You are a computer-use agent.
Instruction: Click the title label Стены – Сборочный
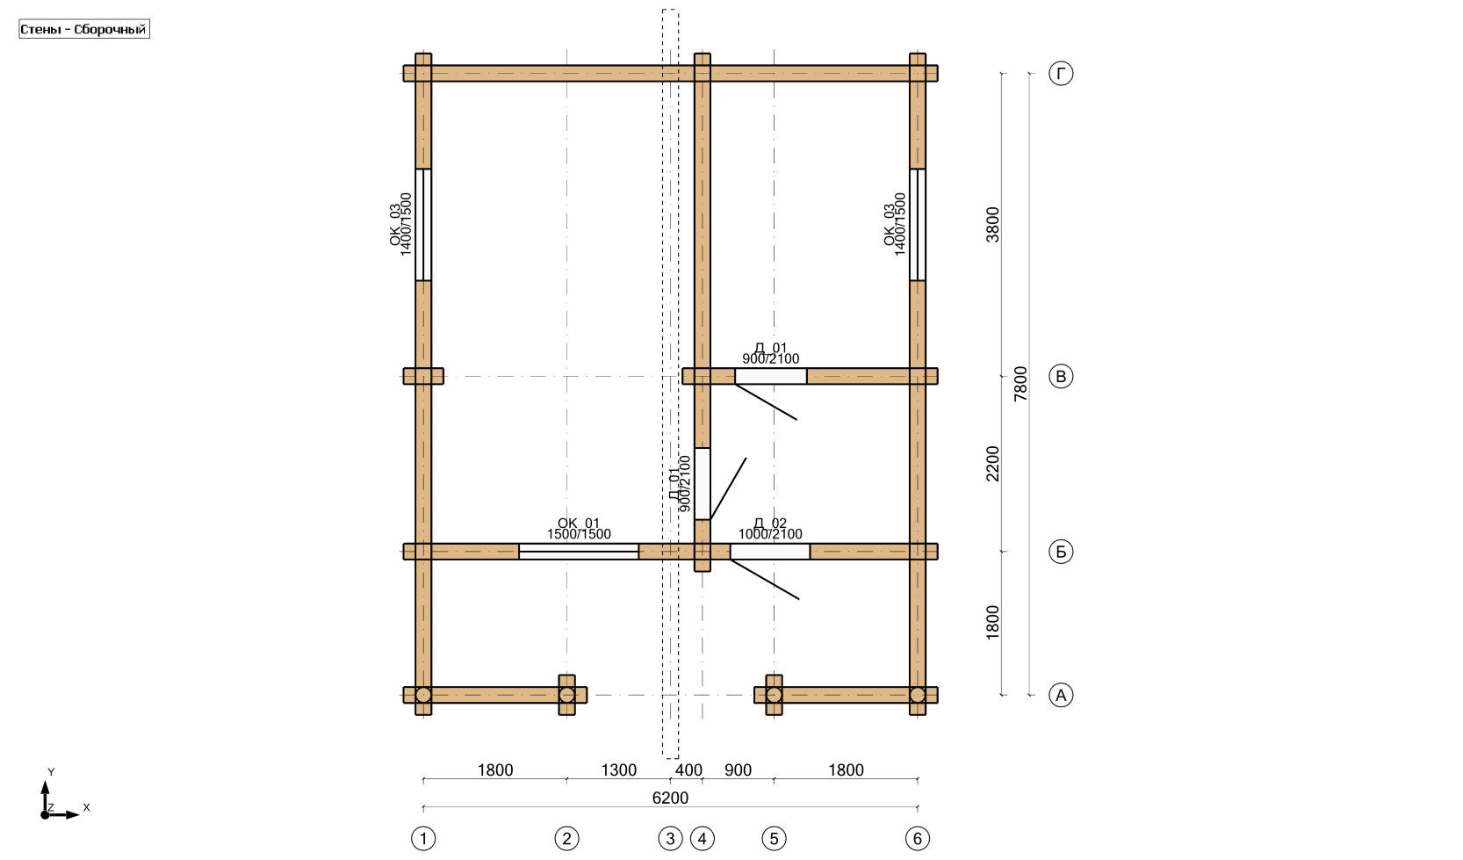(x=83, y=29)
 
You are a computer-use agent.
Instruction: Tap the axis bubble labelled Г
(x=1061, y=73)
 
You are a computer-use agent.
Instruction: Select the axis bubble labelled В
(x=1061, y=376)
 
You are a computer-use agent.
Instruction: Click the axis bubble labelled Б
(x=1061, y=552)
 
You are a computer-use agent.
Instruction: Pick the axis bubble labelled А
(x=1061, y=695)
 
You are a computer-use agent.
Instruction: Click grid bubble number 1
(x=423, y=838)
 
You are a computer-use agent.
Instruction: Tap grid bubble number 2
(x=567, y=838)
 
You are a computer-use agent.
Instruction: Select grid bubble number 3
(x=670, y=838)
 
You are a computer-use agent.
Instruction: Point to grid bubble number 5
(x=774, y=838)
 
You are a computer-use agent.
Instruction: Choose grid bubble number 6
(x=918, y=838)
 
